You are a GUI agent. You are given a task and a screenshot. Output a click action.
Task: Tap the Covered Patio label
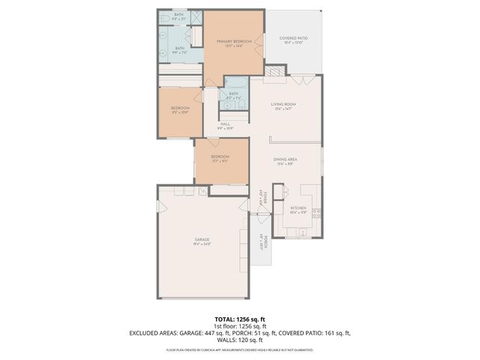(294, 39)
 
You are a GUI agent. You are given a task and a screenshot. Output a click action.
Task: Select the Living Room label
(283, 106)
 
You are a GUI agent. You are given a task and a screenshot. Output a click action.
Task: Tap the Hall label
(225, 126)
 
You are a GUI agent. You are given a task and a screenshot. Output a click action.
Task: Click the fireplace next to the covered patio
(275, 72)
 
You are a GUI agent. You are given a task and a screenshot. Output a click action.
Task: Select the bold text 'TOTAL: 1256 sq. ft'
(240, 319)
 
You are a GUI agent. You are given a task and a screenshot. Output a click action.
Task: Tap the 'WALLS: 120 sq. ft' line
(240, 340)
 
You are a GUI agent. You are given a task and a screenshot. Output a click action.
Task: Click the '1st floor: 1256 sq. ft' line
(240, 326)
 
